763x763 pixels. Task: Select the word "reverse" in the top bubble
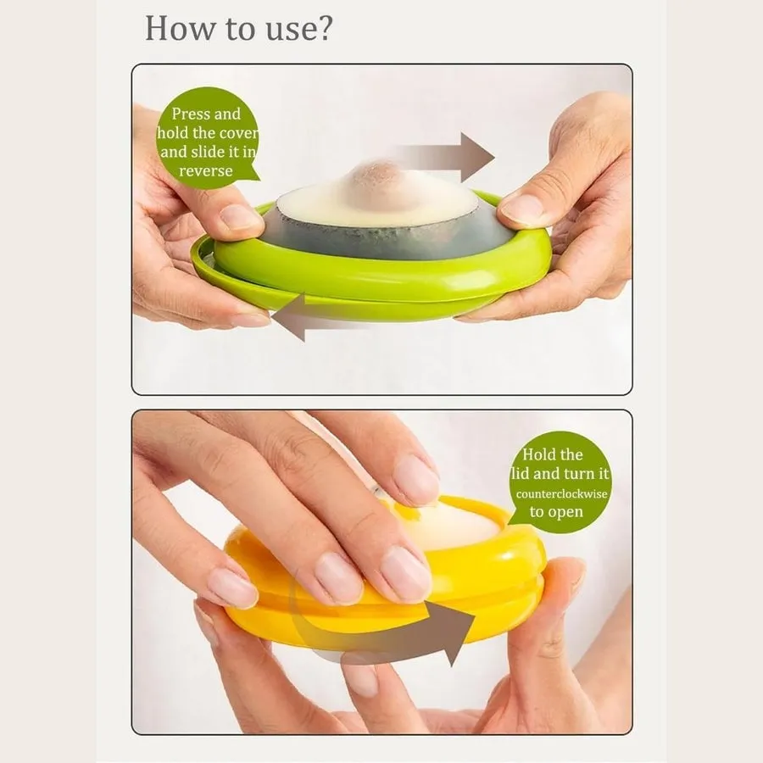(205, 170)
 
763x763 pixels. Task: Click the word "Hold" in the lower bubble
(543, 455)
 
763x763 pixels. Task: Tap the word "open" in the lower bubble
(568, 512)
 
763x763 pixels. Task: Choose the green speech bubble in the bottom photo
(560, 482)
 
